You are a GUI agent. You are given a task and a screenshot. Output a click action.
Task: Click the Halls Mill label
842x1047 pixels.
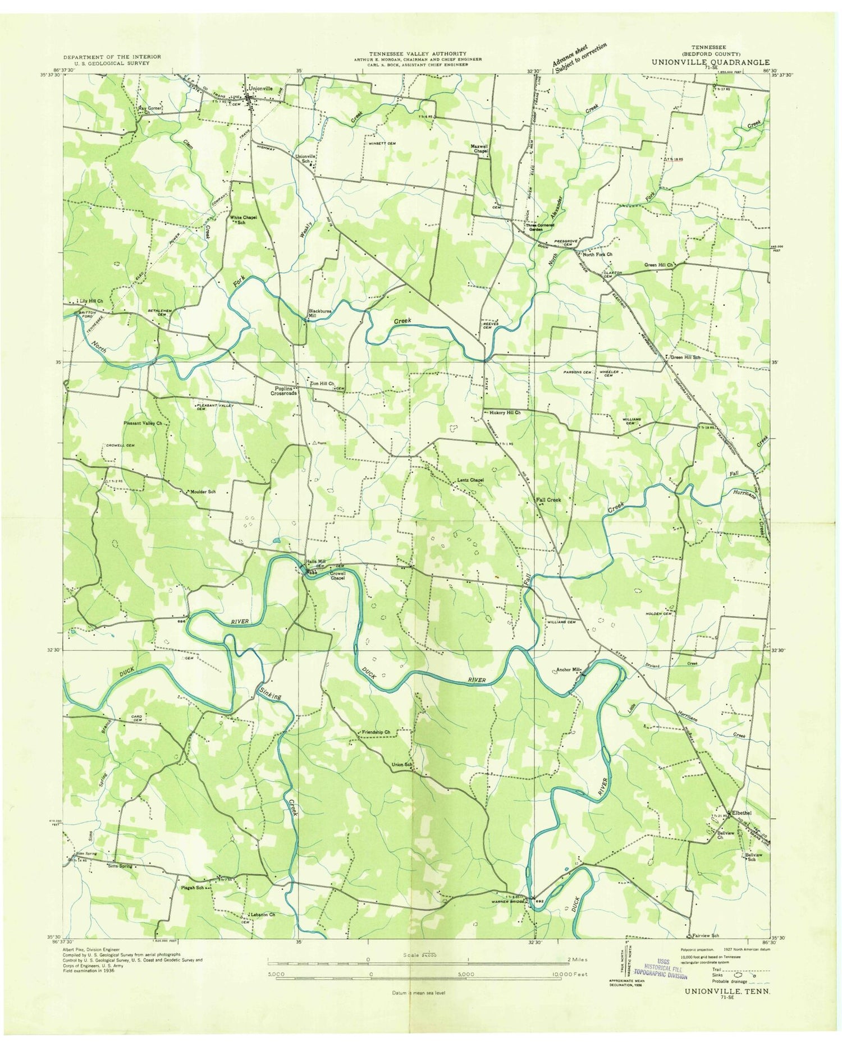315,562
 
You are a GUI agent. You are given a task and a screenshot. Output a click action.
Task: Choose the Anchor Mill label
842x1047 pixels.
566,669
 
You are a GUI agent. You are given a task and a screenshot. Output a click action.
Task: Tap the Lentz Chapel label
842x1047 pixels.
470,480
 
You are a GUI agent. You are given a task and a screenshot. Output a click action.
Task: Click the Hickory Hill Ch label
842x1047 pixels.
505,412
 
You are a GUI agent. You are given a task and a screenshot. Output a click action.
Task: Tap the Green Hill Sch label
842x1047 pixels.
684,357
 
